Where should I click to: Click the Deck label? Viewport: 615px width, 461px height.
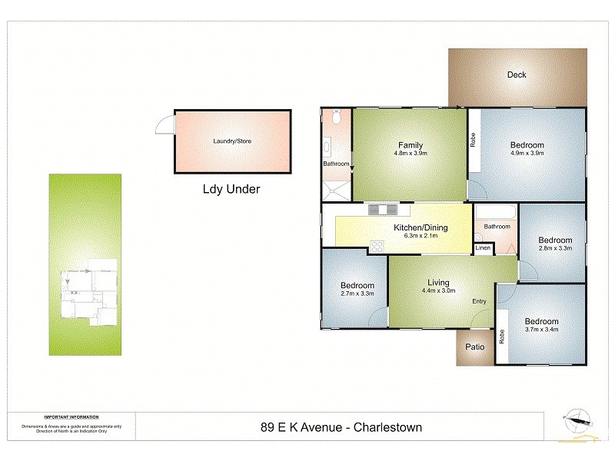click(516, 75)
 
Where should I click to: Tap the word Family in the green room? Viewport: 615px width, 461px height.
click(410, 145)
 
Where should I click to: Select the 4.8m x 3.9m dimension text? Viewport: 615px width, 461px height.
click(410, 154)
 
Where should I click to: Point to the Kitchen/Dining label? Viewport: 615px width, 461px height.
click(421, 227)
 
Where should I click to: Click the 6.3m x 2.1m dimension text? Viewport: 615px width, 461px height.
click(421, 237)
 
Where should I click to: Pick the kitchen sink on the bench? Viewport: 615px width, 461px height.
click(382, 210)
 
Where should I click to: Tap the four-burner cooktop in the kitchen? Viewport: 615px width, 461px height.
click(377, 246)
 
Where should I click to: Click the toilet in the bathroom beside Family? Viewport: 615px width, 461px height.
click(335, 117)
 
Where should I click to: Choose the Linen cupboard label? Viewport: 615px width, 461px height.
click(483, 248)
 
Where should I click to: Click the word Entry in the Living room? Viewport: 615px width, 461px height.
click(479, 300)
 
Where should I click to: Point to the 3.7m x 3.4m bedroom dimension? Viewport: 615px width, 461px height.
click(541, 330)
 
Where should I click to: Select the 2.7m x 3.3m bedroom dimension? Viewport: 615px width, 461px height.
click(357, 294)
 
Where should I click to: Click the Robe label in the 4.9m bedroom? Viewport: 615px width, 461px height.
click(474, 141)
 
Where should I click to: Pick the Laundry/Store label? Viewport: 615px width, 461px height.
click(232, 141)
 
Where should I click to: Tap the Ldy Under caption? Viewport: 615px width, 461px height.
click(231, 189)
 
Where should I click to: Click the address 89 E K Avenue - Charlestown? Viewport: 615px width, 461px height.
click(341, 427)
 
